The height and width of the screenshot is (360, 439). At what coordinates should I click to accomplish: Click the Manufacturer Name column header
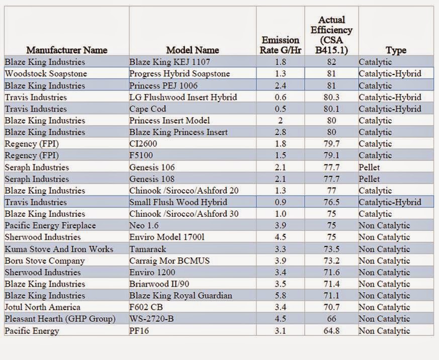[x=66, y=50]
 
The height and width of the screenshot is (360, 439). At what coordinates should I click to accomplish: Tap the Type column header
[x=396, y=50]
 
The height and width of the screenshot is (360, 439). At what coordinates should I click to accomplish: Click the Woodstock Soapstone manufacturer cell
[x=46, y=74]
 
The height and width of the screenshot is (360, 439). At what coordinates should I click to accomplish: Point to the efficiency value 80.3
[x=332, y=98]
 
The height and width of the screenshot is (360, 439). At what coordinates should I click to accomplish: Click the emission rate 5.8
[x=280, y=296]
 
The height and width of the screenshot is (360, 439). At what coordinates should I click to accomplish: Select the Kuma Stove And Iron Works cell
[x=59, y=249]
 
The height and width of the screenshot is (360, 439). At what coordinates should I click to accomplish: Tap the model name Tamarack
[x=148, y=249]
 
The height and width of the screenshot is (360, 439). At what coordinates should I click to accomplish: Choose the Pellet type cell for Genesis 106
[x=369, y=167]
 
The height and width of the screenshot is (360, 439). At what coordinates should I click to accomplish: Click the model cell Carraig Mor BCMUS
[x=169, y=261]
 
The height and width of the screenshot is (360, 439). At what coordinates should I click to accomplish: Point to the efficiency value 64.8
[x=332, y=331]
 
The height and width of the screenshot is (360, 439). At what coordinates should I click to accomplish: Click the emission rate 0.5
[x=280, y=109]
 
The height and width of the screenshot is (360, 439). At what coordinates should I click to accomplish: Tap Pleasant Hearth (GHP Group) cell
[x=60, y=319]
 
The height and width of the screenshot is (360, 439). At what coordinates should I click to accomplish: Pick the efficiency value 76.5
[x=332, y=202]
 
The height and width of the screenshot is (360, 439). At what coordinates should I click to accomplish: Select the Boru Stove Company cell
[x=45, y=261]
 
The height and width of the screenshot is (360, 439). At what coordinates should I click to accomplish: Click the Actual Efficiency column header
[x=332, y=35]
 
